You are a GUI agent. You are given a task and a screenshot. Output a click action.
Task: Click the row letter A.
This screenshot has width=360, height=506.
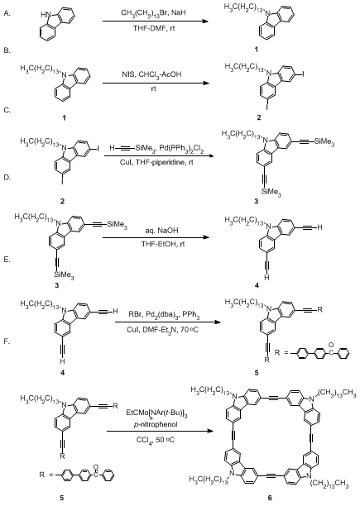pos(7,13)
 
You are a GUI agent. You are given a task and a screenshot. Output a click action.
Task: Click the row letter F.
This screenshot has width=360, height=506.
pos(7,341)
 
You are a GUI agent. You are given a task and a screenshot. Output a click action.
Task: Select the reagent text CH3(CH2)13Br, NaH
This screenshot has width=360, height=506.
pos(153,13)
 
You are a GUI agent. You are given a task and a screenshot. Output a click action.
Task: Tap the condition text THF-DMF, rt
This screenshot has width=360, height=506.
pos(154,29)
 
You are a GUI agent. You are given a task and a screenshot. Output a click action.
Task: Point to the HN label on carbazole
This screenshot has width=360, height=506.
pos(46,15)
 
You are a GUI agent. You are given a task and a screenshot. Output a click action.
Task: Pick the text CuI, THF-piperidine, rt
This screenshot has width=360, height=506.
pos(157,162)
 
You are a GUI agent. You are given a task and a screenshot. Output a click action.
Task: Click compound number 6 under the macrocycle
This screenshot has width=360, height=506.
pos(270,498)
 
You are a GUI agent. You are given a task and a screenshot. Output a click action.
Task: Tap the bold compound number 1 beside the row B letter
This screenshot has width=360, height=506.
pos(256,50)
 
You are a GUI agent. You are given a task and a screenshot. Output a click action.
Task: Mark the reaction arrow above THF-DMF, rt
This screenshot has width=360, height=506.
pos(155,21)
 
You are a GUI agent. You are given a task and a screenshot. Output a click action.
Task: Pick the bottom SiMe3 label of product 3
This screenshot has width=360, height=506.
pos(271,193)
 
